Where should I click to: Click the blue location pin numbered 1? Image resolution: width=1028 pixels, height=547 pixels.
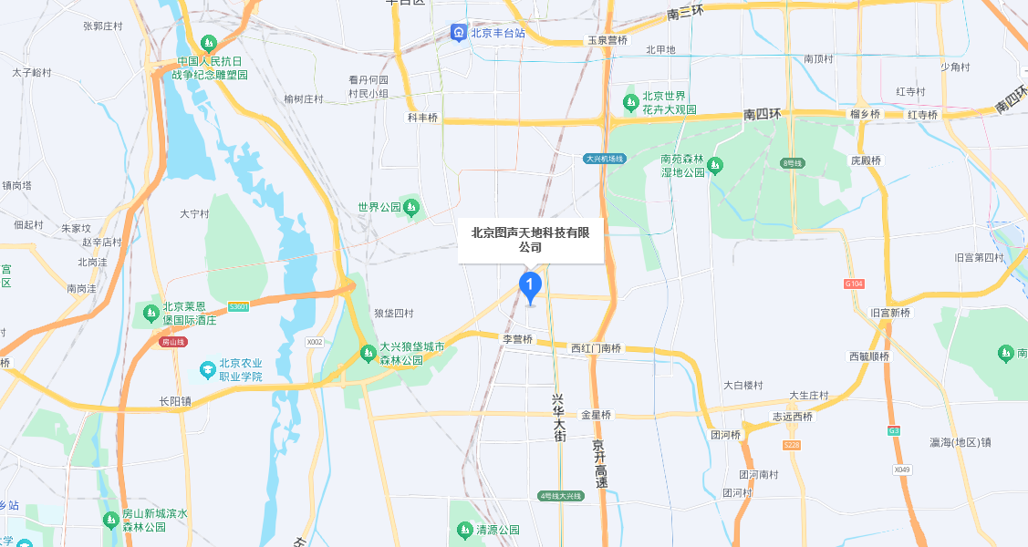click(530, 285)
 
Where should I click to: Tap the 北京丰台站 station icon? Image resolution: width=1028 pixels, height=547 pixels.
click(458, 33)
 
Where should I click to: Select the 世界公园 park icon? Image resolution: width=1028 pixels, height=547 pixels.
click(411, 207)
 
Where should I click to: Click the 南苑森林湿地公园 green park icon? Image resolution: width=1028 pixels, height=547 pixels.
click(714, 165)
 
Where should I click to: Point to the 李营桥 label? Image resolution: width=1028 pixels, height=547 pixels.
click(517, 338)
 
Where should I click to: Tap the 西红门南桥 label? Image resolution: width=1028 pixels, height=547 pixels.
click(596, 348)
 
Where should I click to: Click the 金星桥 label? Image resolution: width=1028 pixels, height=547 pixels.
click(596, 415)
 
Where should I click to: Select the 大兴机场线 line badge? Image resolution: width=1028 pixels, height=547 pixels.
click(604, 159)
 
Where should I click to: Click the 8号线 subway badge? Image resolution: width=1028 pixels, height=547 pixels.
click(791, 162)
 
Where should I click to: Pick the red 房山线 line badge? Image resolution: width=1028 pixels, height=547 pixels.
click(172, 342)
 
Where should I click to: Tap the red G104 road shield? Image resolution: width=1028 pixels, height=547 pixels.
click(854, 284)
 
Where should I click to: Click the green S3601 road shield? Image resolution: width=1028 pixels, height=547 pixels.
click(239, 307)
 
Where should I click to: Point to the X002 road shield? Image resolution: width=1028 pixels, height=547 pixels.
click(315, 342)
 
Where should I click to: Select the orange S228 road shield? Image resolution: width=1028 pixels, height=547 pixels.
click(791, 445)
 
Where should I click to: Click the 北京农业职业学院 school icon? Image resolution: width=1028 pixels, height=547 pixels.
click(208, 369)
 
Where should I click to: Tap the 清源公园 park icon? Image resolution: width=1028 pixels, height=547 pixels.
click(464, 530)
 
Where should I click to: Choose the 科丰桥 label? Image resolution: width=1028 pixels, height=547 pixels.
click(422, 118)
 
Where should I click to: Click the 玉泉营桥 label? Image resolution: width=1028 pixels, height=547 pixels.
click(607, 40)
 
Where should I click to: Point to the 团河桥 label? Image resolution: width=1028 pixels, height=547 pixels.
click(726, 435)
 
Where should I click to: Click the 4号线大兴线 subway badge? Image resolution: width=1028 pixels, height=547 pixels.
click(559, 496)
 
